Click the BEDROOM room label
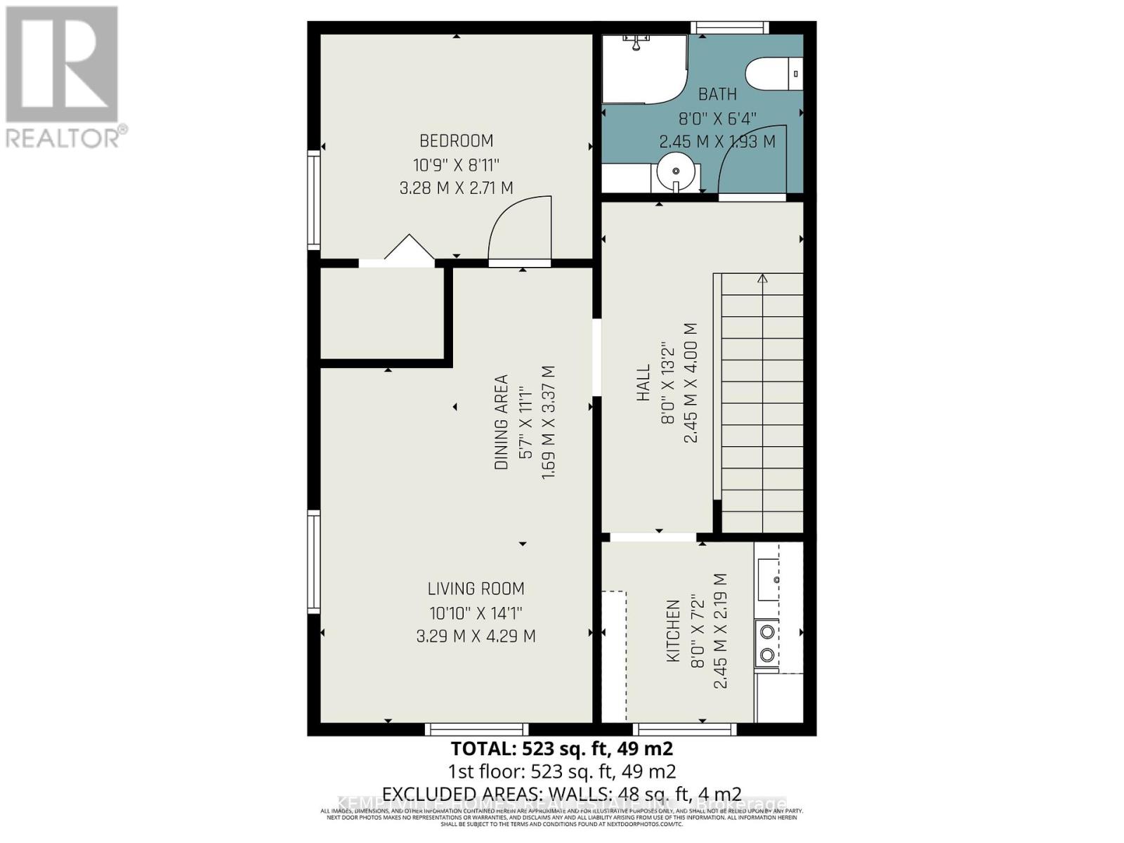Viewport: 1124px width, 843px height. pyautogui.click(x=456, y=140)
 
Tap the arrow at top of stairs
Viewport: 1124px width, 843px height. pyautogui.click(x=762, y=279)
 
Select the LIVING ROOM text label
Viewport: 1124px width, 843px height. pyautogui.click(x=476, y=589)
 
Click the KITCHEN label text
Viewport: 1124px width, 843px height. pyautogui.click(x=673, y=630)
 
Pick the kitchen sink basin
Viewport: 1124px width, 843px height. pyautogui.click(x=768, y=580)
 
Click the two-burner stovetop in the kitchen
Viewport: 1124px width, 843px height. pyautogui.click(x=766, y=643)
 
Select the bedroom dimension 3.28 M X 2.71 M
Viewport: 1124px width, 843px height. pyautogui.click(x=456, y=188)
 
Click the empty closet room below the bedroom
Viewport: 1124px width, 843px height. pyautogui.click(x=382, y=313)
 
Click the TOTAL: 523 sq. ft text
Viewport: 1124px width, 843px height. pyautogui.click(x=561, y=748)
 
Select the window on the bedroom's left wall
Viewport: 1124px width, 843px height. pyautogui.click(x=314, y=200)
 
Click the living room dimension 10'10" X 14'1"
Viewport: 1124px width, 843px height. pyautogui.click(x=476, y=613)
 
